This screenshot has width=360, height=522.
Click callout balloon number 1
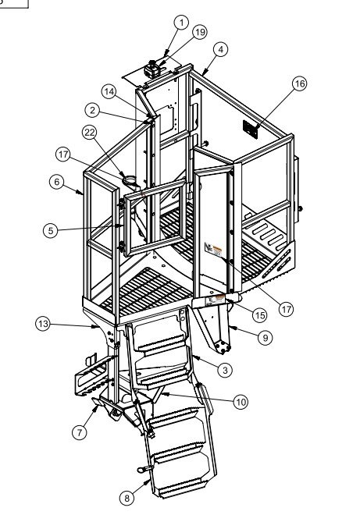[x=181, y=23]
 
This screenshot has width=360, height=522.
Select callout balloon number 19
[x=200, y=32]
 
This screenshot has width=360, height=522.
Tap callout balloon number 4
[x=220, y=50]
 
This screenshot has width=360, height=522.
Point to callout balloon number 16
[x=299, y=83]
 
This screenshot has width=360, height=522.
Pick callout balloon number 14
[x=109, y=92]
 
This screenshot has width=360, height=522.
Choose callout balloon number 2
[x=92, y=110]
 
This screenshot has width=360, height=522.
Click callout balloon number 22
[x=89, y=133]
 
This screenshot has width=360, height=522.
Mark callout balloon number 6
[x=57, y=182]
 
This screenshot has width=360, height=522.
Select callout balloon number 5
[x=51, y=230]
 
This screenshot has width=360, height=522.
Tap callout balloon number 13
[x=43, y=324]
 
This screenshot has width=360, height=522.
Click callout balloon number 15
[x=260, y=315]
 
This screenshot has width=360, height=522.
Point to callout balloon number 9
[x=266, y=338]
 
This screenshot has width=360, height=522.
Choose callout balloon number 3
[x=225, y=370]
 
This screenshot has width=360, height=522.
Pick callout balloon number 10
[x=241, y=402]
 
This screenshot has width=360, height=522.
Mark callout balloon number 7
[x=80, y=432]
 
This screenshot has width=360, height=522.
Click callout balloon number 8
[x=127, y=498]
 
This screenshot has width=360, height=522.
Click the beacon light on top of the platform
[x=152, y=69]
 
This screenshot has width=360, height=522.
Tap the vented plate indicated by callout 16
[x=250, y=130]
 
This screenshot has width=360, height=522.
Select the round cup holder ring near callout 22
[x=131, y=181]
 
